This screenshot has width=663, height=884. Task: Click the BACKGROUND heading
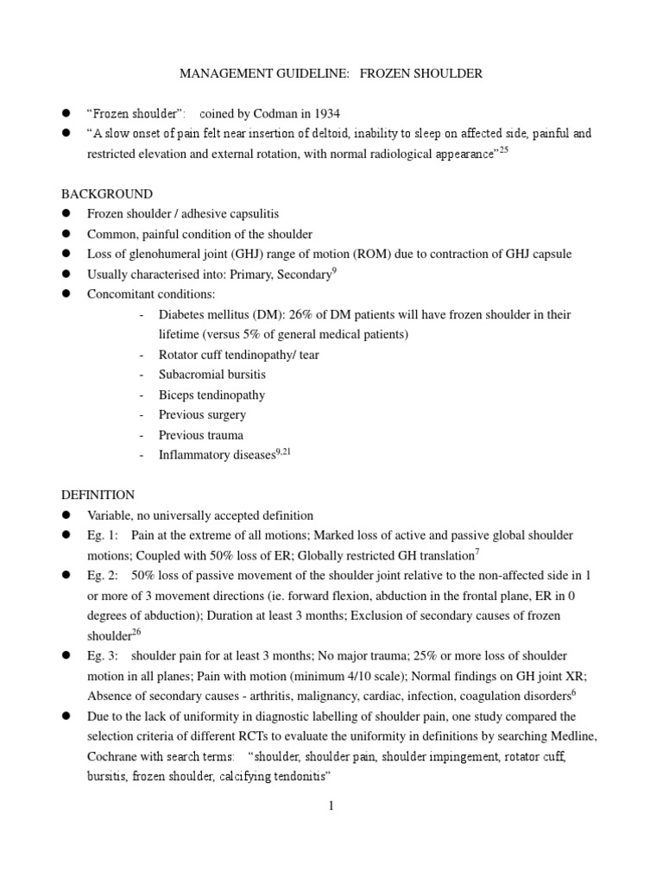point(106,193)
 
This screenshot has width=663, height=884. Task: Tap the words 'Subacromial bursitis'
point(212,375)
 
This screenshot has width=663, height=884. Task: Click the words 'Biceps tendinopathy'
point(212,395)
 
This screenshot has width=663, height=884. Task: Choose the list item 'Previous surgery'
point(202,414)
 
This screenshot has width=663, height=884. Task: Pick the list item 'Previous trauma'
point(201,435)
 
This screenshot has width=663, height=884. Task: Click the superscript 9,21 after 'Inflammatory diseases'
point(284,451)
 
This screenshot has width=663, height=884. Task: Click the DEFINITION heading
point(98,495)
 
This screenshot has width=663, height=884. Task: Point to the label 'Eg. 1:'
point(104,535)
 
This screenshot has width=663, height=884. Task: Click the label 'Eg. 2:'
point(104,575)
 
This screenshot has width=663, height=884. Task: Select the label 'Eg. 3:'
point(104,656)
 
